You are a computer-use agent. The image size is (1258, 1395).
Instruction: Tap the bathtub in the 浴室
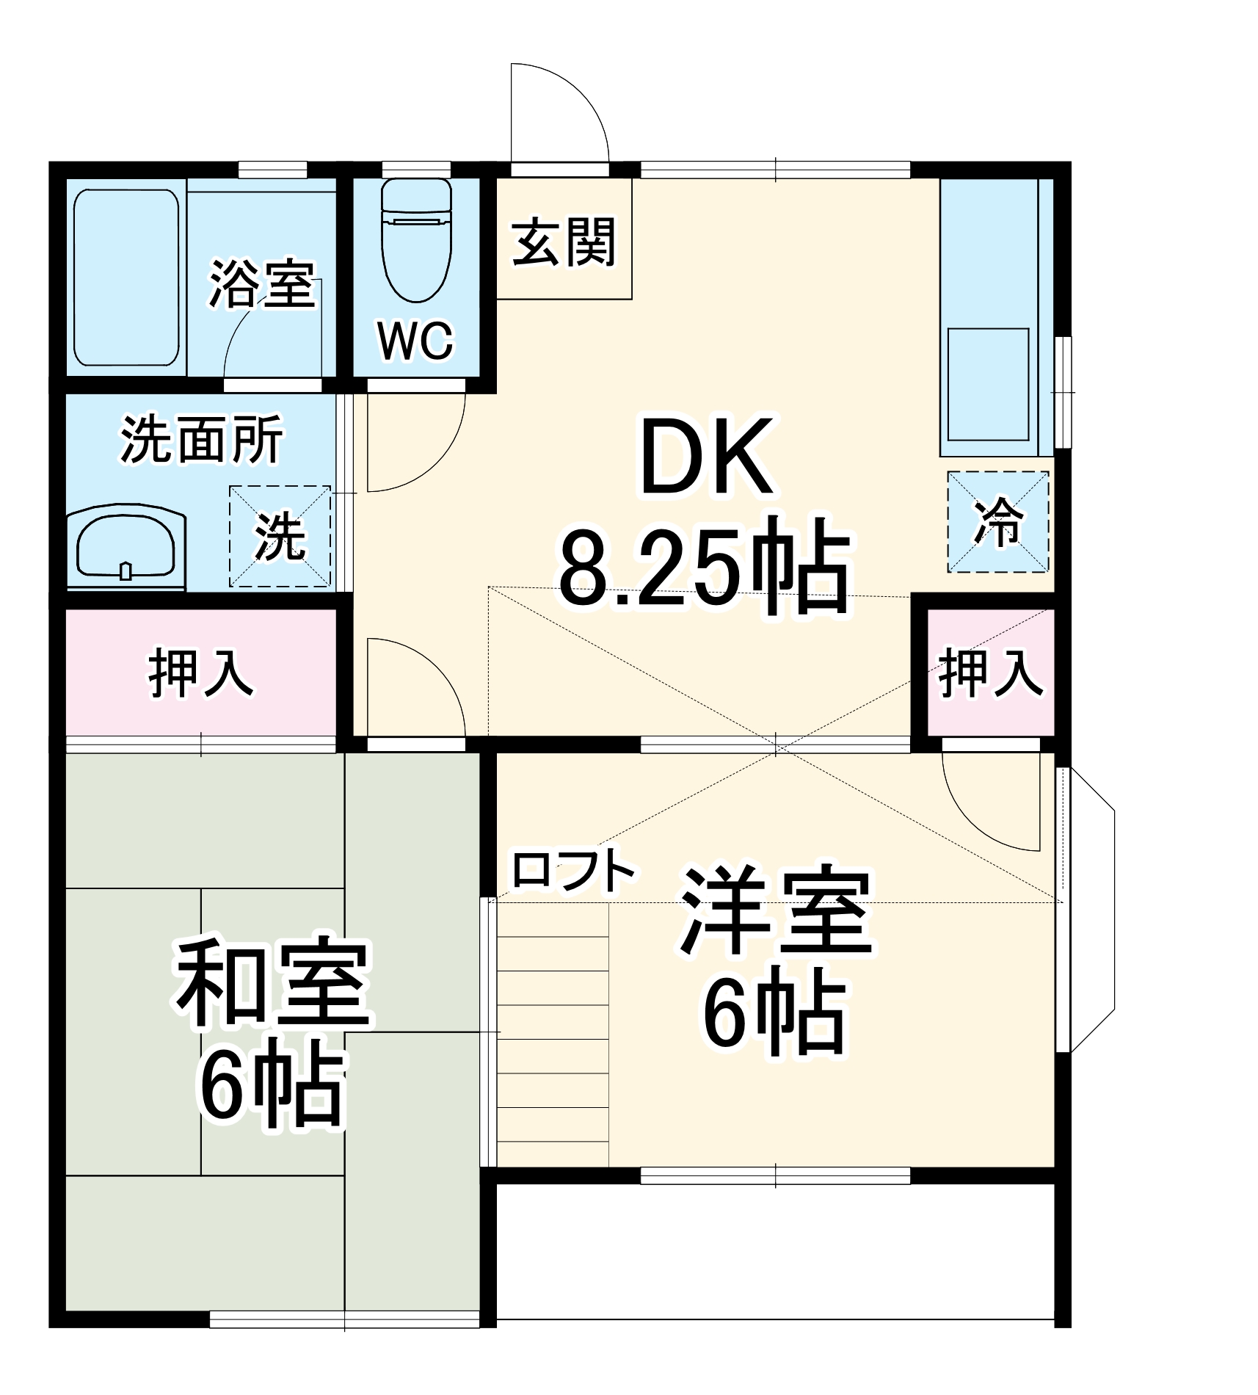[126, 278]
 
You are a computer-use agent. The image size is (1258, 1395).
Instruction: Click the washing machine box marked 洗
[280, 536]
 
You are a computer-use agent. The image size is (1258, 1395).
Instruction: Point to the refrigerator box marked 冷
[997, 522]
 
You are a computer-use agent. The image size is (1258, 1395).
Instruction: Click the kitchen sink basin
[988, 384]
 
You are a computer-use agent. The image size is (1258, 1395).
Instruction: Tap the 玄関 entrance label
[563, 242]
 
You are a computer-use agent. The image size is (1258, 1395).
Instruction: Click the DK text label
[706, 457]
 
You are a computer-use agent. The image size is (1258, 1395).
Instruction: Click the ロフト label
[572, 871]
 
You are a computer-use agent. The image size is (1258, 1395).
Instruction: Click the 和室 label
[271, 982]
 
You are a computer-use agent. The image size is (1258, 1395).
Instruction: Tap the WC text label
[415, 341]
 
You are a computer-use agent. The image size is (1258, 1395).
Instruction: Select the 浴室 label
[262, 283]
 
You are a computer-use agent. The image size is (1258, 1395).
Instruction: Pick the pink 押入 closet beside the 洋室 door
[990, 672]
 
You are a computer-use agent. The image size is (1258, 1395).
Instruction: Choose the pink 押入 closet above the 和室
[201, 672]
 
